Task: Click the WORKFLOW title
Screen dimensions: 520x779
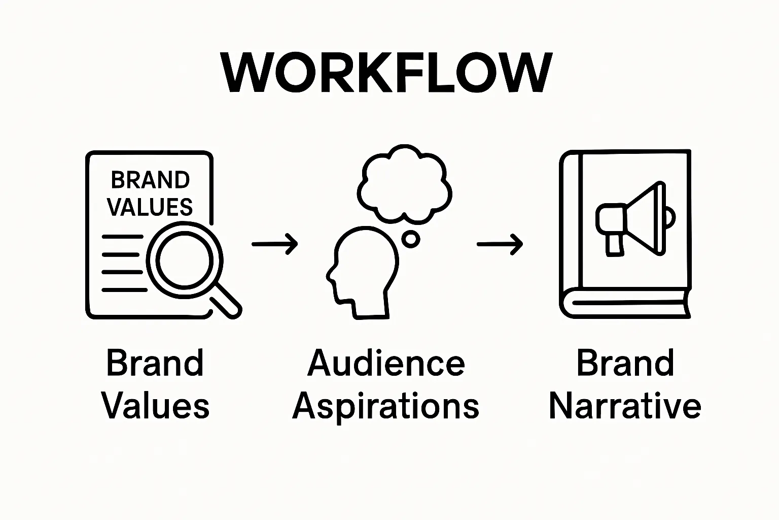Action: (385, 73)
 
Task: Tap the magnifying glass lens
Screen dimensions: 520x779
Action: (183, 257)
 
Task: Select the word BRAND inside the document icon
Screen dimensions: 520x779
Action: (150, 180)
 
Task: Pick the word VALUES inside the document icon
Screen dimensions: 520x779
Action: (150, 207)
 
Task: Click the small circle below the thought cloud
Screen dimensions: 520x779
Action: (410, 239)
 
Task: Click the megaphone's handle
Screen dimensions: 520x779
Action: (614, 243)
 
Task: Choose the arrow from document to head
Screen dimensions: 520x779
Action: (274, 244)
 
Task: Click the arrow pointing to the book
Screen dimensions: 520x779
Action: (499, 244)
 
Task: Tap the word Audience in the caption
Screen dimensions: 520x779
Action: (386, 364)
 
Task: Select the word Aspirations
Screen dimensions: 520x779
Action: (386, 406)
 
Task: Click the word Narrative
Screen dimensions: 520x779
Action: (625, 406)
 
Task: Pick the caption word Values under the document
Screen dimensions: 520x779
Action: (155, 406)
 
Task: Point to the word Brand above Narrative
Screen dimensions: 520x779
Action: (625, 364)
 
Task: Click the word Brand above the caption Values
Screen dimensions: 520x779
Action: (155, 364)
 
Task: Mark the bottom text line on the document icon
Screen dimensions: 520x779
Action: (124, 290)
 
